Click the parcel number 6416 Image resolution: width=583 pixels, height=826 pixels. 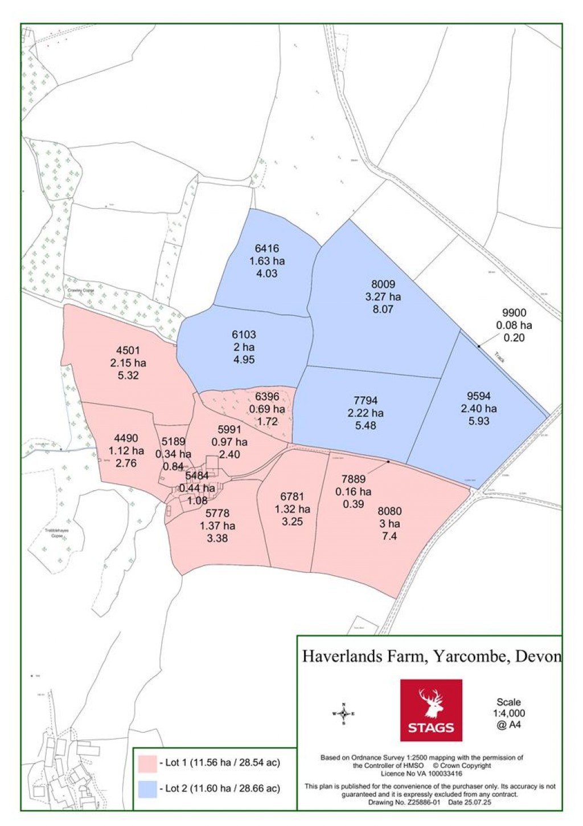[266, 249]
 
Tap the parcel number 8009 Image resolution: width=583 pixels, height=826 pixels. [383, 284]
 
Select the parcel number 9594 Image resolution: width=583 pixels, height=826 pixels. [478, 396]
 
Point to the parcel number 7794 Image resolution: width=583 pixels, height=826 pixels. [365, 401]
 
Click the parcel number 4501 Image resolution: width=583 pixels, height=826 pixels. [128, 351]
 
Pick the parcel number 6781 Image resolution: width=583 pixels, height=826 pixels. [292, 497]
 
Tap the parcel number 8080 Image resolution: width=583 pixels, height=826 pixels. [389, 511]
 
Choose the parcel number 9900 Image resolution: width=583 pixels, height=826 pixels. [514, 313]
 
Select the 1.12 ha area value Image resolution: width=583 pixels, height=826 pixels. [126, 451]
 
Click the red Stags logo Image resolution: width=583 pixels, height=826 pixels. [431, 710]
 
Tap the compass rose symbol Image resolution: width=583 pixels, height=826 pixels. [343, 713]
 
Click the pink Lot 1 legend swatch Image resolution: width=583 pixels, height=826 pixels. [147, 763]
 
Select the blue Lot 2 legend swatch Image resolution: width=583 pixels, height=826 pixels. [147, 789]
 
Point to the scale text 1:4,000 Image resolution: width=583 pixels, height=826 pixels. [508, 714]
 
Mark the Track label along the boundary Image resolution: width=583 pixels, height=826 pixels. [499, 357]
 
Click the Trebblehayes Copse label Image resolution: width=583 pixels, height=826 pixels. [56, 533]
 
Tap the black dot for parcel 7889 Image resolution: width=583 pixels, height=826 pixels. [388, 462]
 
